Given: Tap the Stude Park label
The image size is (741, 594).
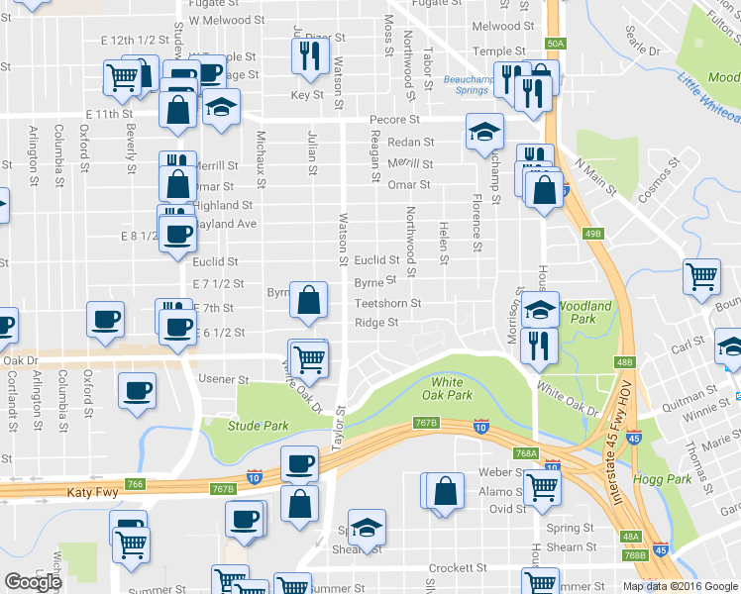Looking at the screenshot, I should [258, 426].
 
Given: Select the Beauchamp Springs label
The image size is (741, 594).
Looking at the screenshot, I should [466, 84].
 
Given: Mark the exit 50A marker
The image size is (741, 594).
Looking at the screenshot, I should [555, 43].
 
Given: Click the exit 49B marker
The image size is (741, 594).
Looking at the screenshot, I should [593, 233].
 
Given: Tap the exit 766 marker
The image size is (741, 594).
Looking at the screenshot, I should [136, 484].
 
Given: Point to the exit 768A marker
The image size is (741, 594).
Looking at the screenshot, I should [526, 453].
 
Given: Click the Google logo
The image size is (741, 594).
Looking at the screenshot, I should [32, 582].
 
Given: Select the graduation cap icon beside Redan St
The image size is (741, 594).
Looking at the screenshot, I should [484, 131].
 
